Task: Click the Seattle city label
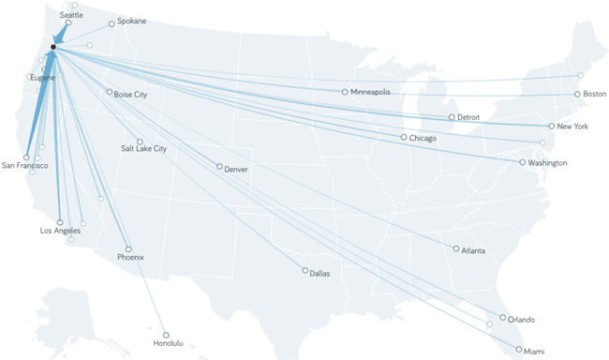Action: click(70, 16)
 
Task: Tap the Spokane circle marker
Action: click(111, 23)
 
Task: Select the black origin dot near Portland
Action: click(53, 47)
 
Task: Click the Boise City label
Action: click(130, 94)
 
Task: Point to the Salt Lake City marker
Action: click(140, 142)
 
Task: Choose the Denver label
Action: click(237, 170)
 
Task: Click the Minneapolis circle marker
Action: click(345, 92)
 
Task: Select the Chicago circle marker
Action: click(404, 137)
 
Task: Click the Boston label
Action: click(595, 94)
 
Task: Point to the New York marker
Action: click(551, 126)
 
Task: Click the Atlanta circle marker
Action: click(455, 248)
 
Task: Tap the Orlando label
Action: click(522, 319)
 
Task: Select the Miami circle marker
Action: click(518, 349)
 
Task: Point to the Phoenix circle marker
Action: click(128, 248)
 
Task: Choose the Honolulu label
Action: click(170, 344)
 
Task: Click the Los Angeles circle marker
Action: click(60, 222)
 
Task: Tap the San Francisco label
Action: click(25, 166)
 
